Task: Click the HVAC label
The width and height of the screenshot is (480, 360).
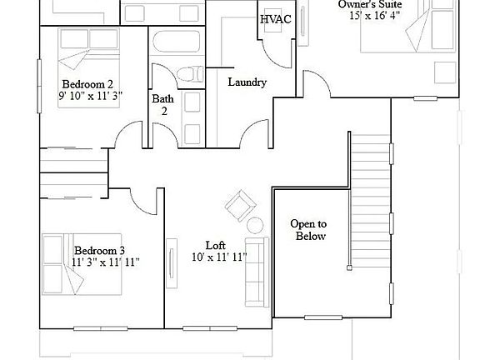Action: (x=276, y=18)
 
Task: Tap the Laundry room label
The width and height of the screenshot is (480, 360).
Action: (x=247, y=82)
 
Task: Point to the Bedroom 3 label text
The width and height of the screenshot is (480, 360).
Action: (x=99, y=250)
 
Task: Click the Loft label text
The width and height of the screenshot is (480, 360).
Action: (x=216, y=246)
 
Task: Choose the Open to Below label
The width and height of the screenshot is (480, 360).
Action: (x=307, y=230)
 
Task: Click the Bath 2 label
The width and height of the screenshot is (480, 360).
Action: (x=162, y=105)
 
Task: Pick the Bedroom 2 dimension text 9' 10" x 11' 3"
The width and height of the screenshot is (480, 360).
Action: (x=91, y=96)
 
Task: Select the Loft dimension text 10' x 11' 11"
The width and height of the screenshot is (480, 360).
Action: (x=218, y=258)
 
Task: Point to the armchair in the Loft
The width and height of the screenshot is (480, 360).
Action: (x=241, y=203)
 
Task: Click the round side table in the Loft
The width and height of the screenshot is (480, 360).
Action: (x=255, y=224)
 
